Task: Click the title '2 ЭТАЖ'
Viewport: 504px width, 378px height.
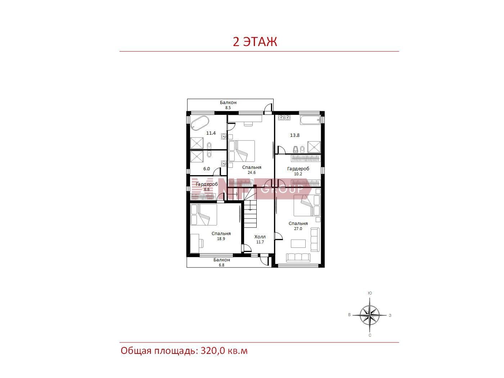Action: pos(255,42)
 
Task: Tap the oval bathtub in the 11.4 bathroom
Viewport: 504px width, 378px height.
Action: pos(200,123)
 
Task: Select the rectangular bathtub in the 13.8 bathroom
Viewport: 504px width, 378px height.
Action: pos(310,120)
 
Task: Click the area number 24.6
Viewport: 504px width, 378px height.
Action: pos(251,172)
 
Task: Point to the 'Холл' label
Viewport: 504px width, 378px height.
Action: pos(260,237)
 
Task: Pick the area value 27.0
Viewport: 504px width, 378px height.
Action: pos(298,228)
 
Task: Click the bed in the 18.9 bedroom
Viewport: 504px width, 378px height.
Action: pos(204,215)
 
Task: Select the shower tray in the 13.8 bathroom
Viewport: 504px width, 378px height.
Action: pos(314,147)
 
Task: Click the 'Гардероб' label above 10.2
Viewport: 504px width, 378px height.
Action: pos(298,169)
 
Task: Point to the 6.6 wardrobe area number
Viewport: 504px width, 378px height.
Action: pos(207,189)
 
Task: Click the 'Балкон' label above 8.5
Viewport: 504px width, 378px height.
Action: pos(228,102)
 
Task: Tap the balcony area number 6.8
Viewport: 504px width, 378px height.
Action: pos(221,265)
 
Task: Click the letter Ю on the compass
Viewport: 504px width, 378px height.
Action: pos(370,293)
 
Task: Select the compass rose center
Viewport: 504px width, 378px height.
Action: pos(369,315)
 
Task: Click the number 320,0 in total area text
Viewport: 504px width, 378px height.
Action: pos(212,351)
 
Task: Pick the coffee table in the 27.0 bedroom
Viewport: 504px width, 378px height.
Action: pos(298,243)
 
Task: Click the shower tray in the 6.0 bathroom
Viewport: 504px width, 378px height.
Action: pos(197,157)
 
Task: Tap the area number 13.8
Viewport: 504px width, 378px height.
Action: pos(294,135)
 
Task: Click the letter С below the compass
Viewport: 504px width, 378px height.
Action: pos(370,335)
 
